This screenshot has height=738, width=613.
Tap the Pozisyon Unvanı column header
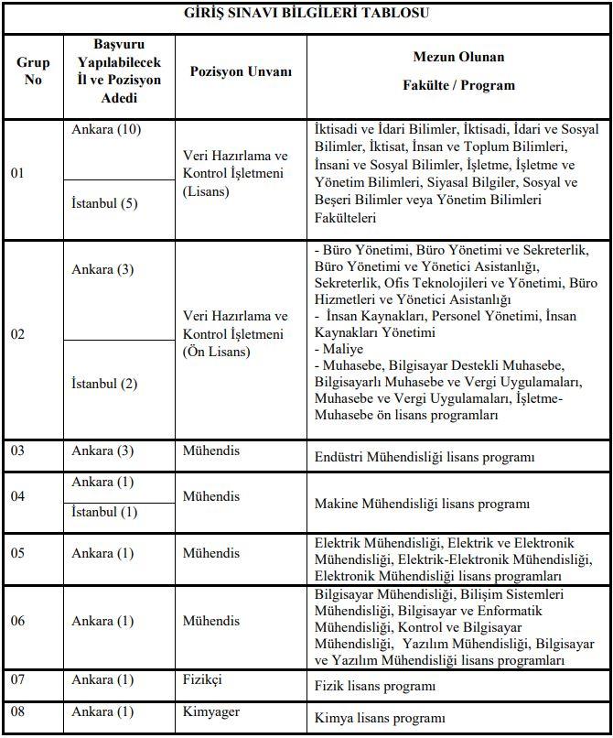(x=241, y=72)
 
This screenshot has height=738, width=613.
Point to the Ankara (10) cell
(x=106, y=130)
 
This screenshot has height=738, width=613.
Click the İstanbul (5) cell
(x=104, y=203)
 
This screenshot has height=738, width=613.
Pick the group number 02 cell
(x=19, y=335)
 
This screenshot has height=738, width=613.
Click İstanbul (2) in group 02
(x=104, y=383)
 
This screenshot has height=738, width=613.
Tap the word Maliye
(x=338, y=349)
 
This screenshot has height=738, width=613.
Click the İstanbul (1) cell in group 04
(x=104, y=512)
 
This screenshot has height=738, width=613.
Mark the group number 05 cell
(x=19, y=553)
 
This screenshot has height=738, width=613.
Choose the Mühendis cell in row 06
(x=211, y=621)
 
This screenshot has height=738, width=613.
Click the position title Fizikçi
(x=203, y=679)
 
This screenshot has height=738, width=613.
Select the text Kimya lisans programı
(x=379, y=718)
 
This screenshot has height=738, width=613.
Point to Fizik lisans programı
(x=373, y=686)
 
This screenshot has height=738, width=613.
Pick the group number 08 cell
(x=19, y=711)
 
